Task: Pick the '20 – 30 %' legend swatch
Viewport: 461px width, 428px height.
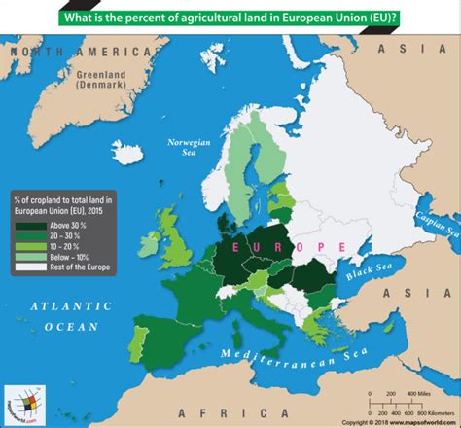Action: click(x=26, y=236)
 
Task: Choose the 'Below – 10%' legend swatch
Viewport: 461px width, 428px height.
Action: click(x=26, y=256)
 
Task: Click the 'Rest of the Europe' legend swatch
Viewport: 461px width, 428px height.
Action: click(x=26, y=266)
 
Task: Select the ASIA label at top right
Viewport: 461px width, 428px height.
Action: click(x=422, y=47)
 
